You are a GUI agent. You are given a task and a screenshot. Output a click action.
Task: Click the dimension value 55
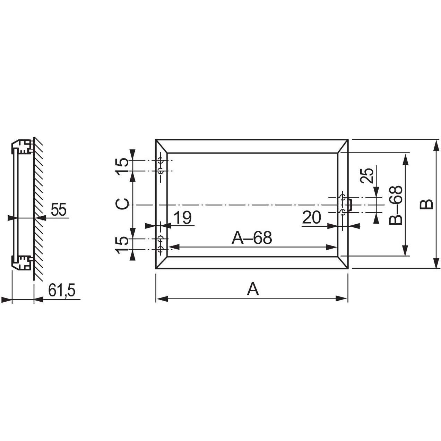[x=59, y=209]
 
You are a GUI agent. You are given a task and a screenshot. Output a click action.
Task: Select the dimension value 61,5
[x=62, y=290]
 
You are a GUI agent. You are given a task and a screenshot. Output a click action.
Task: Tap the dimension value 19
[x=183, y=218]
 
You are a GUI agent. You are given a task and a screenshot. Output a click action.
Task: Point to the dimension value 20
[x=311, y=217]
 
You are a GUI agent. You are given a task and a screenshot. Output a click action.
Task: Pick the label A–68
[x=252, y=237]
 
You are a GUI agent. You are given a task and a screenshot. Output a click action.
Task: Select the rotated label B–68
[x=396, y=205]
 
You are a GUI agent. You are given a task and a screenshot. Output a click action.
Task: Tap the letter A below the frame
[x=253, y=289]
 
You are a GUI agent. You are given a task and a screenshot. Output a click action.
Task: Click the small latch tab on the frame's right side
[x=350, y=204]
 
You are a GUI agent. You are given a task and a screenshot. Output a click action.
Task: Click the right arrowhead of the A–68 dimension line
[x=331, y=247]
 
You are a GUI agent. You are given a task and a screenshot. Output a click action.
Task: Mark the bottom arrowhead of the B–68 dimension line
[x=406, y=250]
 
